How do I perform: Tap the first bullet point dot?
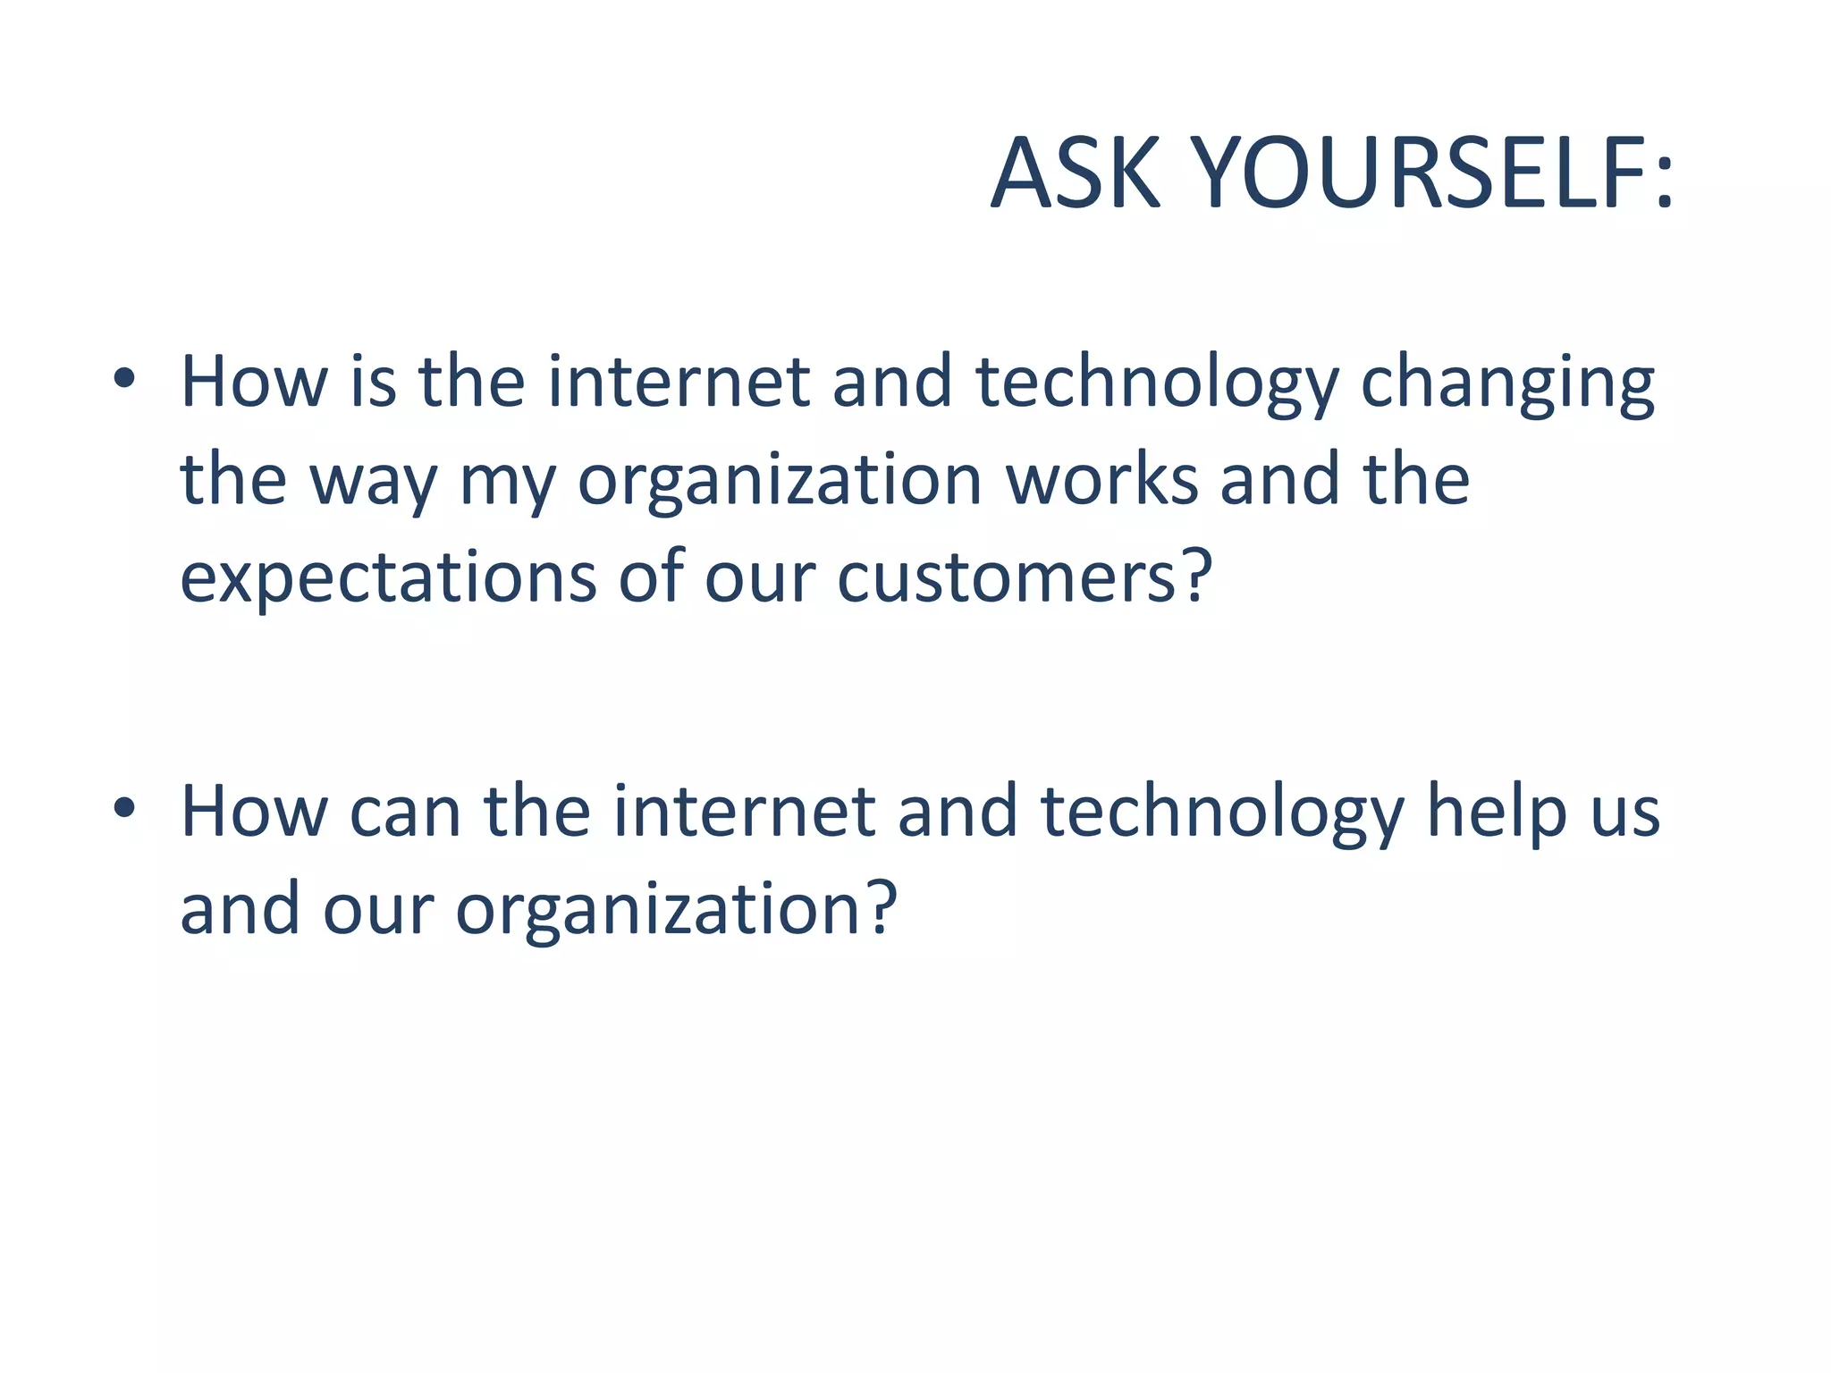(x=124, y=379)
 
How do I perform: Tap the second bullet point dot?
(x=124, y=808)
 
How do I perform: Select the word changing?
(x=1507, y=384)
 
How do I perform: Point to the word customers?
(x=1025, y=577)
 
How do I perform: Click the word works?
(x=1101, y=480)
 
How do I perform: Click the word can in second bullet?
(x=405, y=813)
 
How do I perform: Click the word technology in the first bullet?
(x=1157, y=384)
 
